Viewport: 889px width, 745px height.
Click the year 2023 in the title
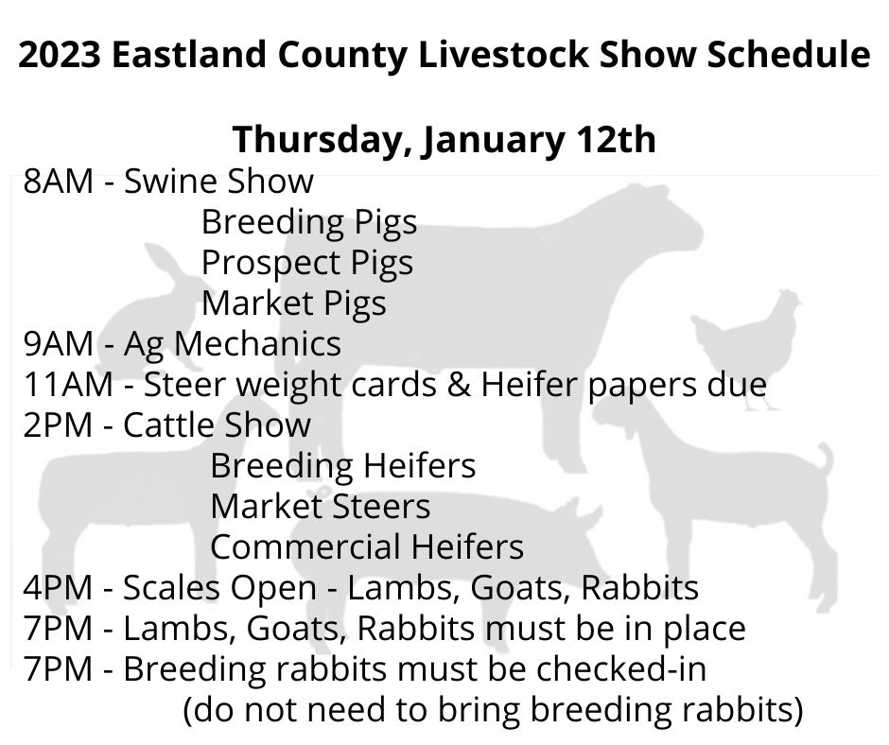pos(60,55)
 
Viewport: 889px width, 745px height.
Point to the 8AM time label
pos(58,182)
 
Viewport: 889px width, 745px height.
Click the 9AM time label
pos(58,343)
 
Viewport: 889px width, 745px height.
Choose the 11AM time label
pos(68,385)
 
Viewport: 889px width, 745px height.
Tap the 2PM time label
pos(58,425)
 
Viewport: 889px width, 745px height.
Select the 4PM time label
pos(58,587)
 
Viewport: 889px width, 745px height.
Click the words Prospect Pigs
pos(307,264)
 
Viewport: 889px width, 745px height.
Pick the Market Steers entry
pos(321,507)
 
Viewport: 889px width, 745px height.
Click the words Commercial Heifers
pos(367,547)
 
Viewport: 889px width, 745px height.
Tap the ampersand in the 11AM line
pos(459,385)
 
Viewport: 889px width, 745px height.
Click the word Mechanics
pos(257,343)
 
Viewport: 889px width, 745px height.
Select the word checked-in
pos(620,669)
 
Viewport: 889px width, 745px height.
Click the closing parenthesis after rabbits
pos(797,710)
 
